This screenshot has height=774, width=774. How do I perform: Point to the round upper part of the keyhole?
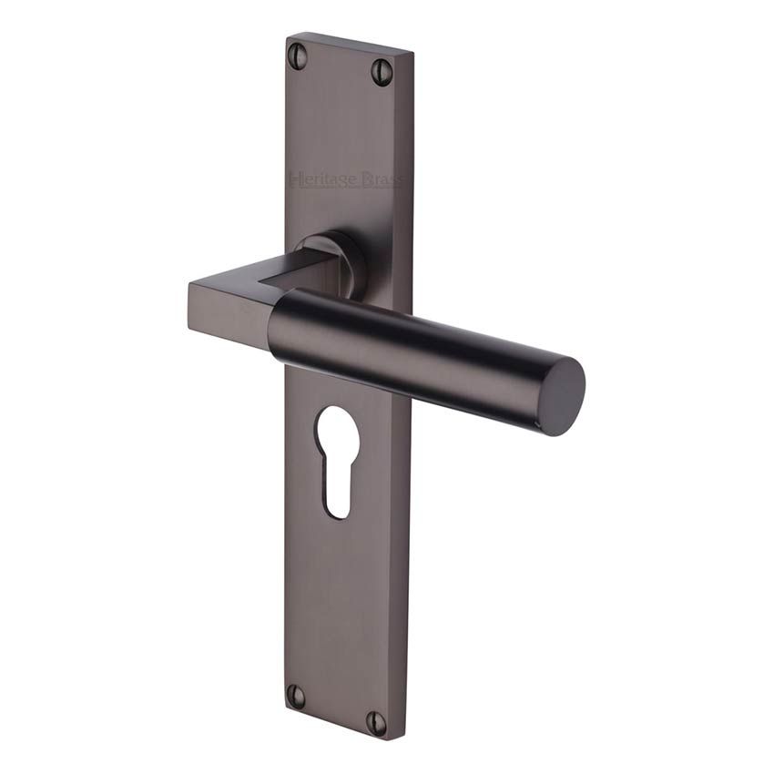336,436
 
